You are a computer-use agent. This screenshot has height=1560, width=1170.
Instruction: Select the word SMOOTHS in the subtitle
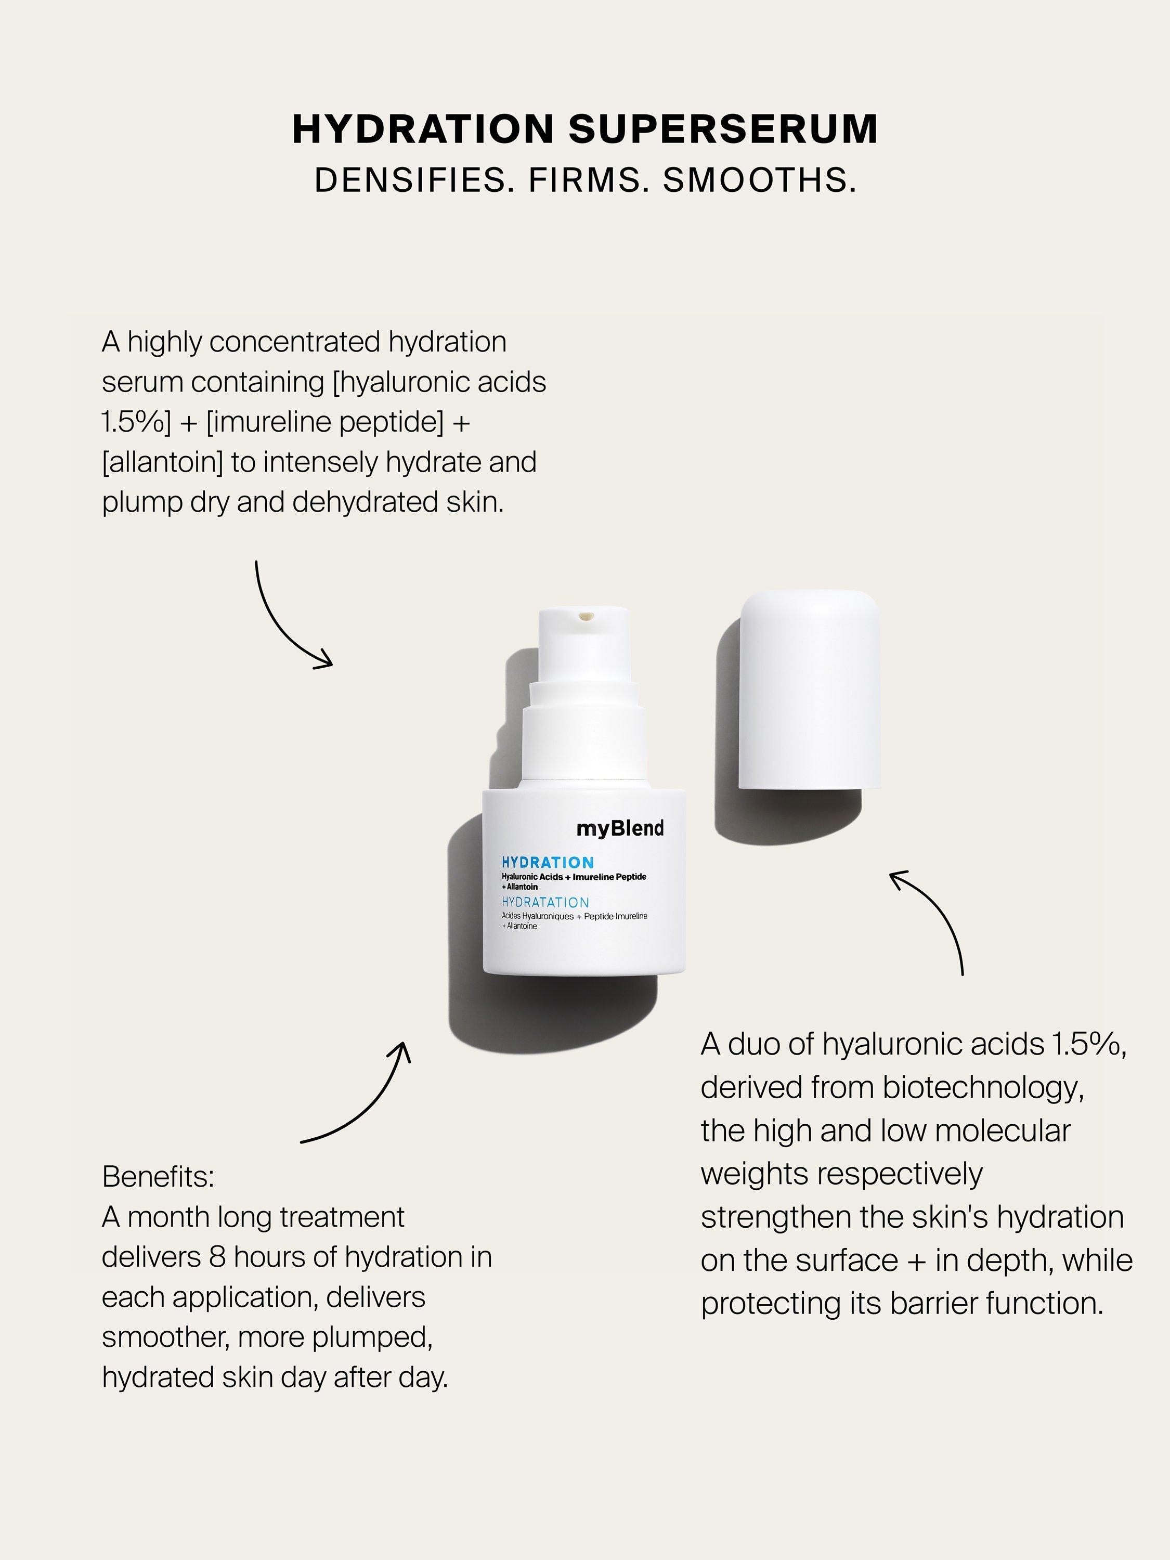[x=759, y=180]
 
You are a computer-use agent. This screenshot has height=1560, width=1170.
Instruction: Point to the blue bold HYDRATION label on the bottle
[x=547, y=862]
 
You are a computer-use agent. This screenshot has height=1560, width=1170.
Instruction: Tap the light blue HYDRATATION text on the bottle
[x=545, y=902]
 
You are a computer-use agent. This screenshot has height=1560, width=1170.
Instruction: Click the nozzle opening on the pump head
[x=584, y=618]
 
